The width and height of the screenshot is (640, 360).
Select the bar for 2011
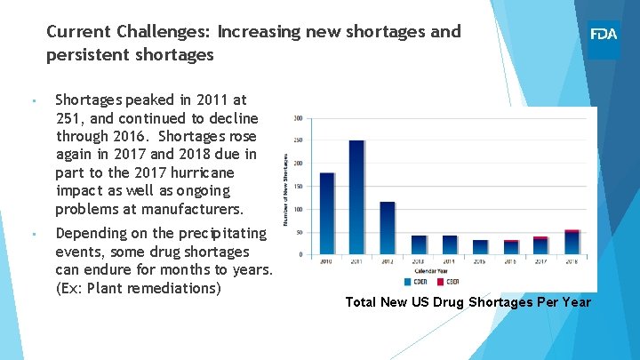[x=357, y=197]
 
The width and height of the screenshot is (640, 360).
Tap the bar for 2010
[x=327, y=213]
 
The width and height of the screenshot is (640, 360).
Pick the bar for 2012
[x=388, y=228]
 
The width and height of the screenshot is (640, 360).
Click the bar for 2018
[x=572, y=243]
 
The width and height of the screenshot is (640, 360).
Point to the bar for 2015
[x=480, y=247]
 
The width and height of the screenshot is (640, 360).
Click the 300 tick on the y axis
[x=298, y=118]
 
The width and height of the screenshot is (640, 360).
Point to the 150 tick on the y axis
[x=298, y=187]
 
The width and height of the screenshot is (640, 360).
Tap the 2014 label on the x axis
[x=450, y=262]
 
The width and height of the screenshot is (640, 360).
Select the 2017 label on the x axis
[x=541, y=262]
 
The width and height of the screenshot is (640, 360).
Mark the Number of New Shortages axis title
[x=286, y=187]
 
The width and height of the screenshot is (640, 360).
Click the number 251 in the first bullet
[x=68, y=118]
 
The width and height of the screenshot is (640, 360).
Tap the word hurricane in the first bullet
[x=201, y=172]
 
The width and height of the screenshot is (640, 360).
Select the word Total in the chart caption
[x=362, y=302]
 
